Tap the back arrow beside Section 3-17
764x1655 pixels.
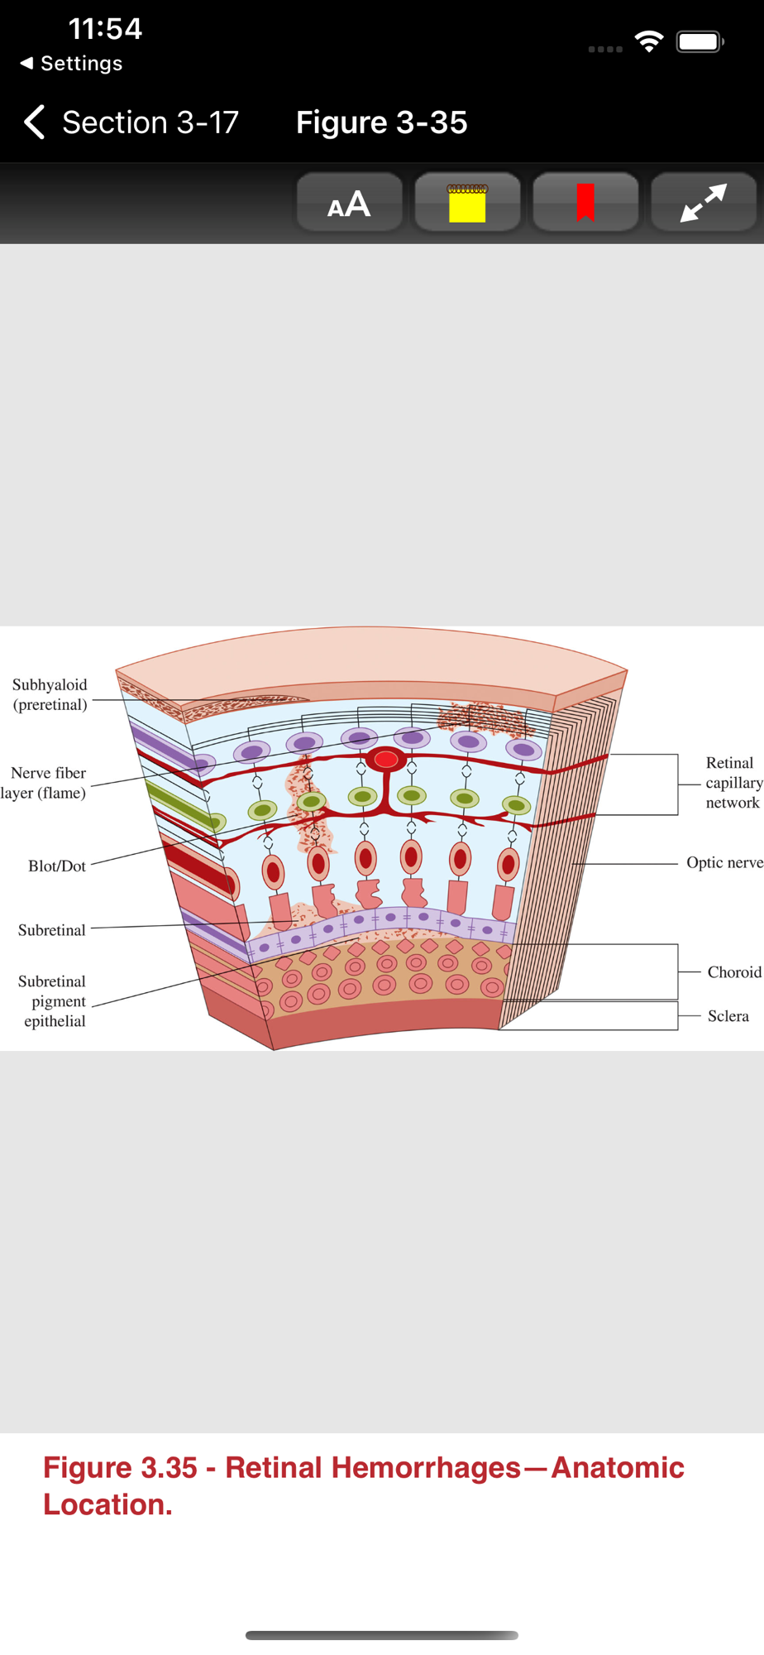tap(35, 122)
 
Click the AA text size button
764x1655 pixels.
tap(349, 204)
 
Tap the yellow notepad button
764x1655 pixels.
tap(467, 204)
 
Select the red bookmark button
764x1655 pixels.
tap(585, 204)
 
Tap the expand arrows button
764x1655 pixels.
tap(704, 204)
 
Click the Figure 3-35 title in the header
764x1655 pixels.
tap(381, 122)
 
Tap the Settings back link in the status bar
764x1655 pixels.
tap(72, 64)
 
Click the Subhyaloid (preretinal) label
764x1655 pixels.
tap(50, 694)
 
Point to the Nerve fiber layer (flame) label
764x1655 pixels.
tap(45, 783)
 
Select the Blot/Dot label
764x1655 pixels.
tap(57, 866)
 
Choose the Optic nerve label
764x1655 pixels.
tap(724, 862)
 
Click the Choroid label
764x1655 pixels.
tap(734, 972)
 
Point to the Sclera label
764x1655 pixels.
tap(728, 1016)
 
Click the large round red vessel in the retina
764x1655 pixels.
tap(386, 759)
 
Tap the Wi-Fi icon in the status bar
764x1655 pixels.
tap(649, 41)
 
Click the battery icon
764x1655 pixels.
tap(700, 41)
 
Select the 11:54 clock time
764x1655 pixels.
tap(105, 29)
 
